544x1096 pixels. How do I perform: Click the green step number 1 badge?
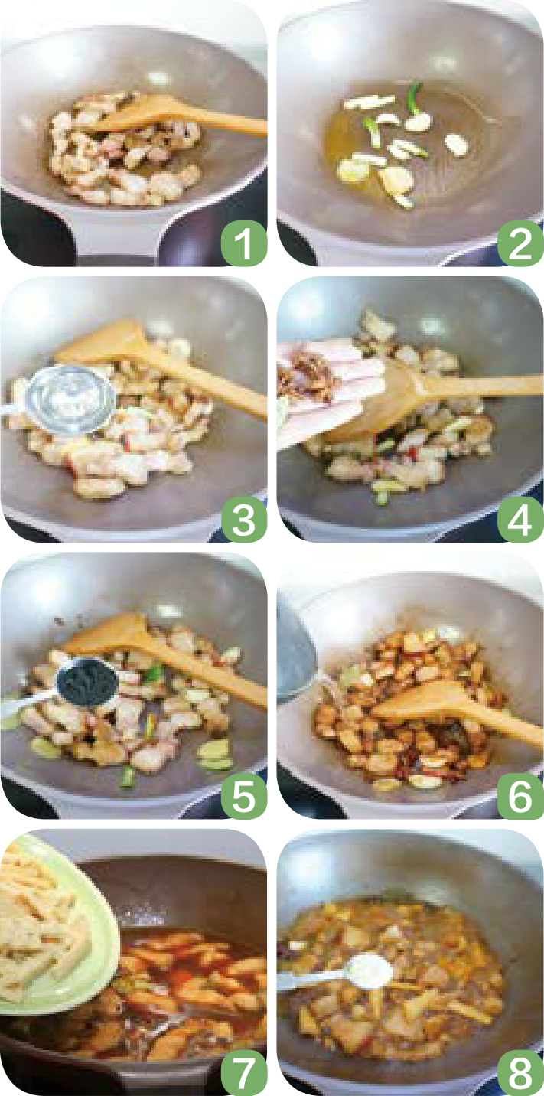pos(244,243)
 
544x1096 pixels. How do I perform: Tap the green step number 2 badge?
pos(520,243)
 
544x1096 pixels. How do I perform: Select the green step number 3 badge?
pos(244,519)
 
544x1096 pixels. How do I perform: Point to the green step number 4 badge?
pos(520,519)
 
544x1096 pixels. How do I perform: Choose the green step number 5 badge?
pos(244,795)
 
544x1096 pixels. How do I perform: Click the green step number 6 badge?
pos(520,795)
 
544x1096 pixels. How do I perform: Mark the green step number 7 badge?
pos(244,1072)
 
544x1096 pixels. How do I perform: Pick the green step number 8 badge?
pos(520,1072)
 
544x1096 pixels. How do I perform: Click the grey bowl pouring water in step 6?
pos(296,651)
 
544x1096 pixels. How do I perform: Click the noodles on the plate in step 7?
pos(41,920)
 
